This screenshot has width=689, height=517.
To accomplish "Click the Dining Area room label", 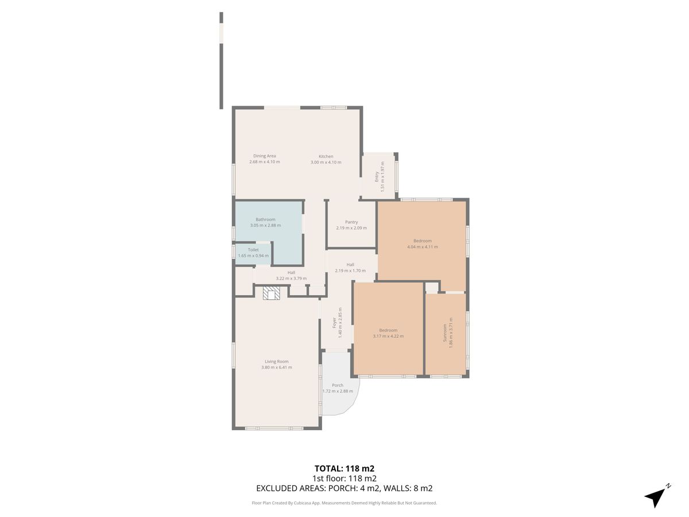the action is tap(264, 156).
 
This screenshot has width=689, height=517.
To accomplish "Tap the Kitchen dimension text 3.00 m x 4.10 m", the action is tap(326, 163).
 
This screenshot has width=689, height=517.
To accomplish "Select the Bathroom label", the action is tap(265, 219).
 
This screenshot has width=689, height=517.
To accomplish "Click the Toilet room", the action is tap(253, 254).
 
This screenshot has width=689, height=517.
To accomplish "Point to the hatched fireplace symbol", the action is tap(271, 293).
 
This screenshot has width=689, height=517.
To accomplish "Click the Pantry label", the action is tap(351, 222).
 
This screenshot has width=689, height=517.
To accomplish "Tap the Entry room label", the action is tap(376, 176).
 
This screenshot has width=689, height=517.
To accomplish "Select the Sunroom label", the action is tap(444, 333).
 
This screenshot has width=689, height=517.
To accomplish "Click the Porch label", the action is tap(338, 385).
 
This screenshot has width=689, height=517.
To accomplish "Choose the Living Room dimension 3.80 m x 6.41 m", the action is tap(277, 367).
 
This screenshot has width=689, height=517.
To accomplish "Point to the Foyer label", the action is tap(334, 323).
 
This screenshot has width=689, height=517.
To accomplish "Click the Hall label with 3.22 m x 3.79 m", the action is tap(291, 272).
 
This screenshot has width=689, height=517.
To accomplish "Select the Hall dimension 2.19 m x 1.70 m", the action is tap(350, 271).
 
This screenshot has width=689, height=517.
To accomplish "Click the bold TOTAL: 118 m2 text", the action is tap(344, 469).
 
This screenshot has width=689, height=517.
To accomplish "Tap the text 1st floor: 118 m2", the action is tap(344, 479).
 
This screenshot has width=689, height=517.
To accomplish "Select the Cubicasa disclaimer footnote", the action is tap(344, 503).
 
